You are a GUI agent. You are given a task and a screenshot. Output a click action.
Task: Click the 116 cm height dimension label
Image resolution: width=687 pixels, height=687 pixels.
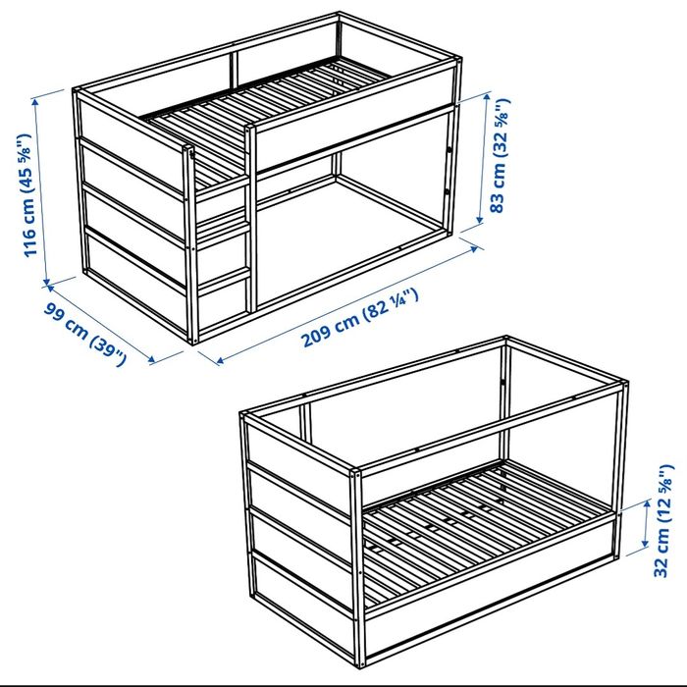(x=27, y=195)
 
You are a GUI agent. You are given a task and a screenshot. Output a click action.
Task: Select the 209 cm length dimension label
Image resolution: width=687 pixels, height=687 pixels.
(x=359, y=317)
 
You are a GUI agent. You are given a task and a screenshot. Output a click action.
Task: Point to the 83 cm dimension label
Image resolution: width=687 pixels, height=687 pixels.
(x=502, y=155)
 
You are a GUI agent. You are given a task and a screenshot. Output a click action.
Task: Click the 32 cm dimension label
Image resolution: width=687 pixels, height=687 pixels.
(x=663, y=520)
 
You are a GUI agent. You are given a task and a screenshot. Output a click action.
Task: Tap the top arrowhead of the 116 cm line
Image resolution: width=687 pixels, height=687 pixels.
(x=35, y=101)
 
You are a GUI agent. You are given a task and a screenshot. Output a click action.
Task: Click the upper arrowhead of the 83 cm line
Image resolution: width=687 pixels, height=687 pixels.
(x=488, y=97)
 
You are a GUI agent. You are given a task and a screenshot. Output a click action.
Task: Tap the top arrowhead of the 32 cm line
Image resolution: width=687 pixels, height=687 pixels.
(x=647, y=503)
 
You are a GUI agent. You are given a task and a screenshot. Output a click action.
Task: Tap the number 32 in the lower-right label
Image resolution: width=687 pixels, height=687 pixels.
(x=662, y=566)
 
